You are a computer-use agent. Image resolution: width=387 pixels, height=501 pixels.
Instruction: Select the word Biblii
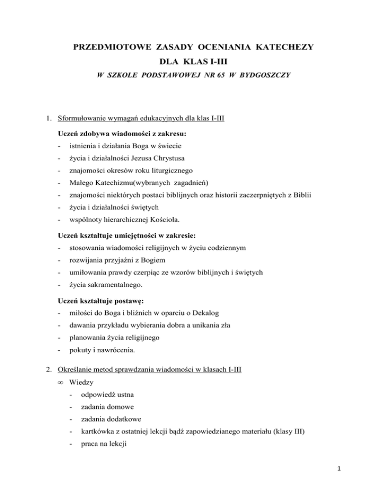298,208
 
